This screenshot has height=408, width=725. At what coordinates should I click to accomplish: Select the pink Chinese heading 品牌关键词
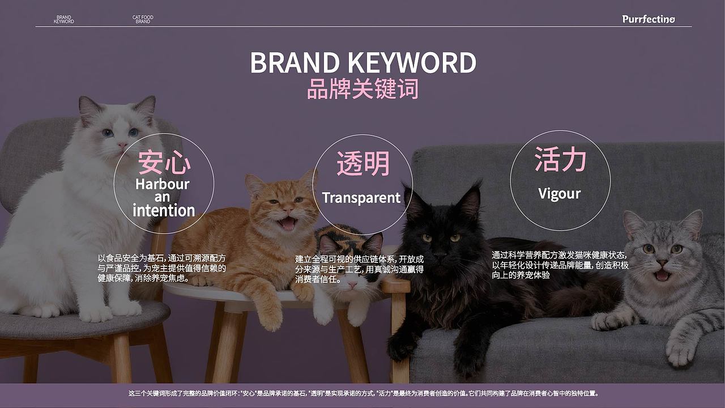362,90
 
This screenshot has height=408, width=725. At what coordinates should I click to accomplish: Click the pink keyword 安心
164,163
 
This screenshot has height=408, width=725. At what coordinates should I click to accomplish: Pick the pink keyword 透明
363,164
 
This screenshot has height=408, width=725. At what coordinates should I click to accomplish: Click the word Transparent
361,198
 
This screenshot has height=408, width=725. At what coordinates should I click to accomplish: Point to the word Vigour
560,194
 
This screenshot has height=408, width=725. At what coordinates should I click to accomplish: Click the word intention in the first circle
164,211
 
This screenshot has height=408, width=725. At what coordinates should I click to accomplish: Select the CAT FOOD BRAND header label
143,19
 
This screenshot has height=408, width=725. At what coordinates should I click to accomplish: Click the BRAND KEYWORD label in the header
63,19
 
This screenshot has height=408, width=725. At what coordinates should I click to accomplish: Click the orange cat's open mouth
287,223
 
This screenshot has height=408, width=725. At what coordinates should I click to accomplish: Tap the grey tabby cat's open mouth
662,275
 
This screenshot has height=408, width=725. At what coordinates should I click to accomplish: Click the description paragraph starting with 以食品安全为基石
162,268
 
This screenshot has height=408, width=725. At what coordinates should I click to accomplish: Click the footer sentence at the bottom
362,393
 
